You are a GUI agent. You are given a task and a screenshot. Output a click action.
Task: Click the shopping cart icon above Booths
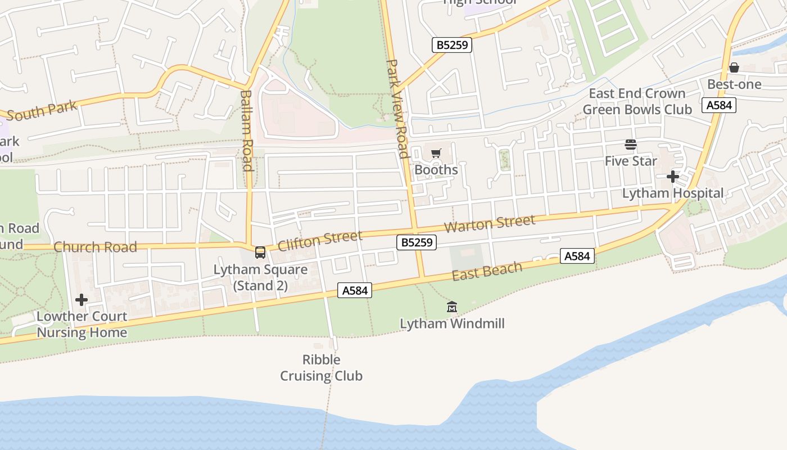click(x=436, y=153)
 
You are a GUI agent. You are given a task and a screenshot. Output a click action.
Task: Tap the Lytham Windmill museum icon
click(x=451, y=307)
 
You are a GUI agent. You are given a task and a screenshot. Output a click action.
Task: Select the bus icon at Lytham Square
click(x=260, y=253)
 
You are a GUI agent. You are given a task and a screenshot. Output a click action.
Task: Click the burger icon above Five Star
click(x=631, y=145)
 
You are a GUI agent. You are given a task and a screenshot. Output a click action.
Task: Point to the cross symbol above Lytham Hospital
click(x=673, y=177)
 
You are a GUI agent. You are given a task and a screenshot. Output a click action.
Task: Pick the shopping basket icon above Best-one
click(x=734, y=68)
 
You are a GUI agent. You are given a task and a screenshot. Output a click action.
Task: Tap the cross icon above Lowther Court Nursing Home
click(x=82, y=300)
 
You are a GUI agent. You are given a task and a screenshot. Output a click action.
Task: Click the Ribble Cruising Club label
click(x=322, y=368)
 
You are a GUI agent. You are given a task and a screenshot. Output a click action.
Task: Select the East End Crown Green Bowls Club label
click(x=637, y=101)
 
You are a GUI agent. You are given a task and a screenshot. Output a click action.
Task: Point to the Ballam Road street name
click(x=246, y=130)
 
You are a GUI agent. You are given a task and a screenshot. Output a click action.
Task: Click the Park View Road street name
click(x=397, y=109)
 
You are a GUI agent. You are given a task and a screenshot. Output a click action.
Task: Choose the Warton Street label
click(x=490, y=224)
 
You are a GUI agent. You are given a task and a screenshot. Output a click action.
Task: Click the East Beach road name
click(x=487, y=271)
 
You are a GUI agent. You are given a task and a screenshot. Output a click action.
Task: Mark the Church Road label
click(x=95, y=247)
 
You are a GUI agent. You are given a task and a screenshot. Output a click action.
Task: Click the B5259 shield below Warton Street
click(x=416, y=242)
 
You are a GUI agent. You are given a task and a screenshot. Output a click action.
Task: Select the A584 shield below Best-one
click(x=719, y=105)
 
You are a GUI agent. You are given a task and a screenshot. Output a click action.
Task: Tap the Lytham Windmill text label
click(x=452, y=323)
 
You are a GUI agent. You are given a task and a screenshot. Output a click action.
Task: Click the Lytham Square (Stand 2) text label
click(x=260, y=277)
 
